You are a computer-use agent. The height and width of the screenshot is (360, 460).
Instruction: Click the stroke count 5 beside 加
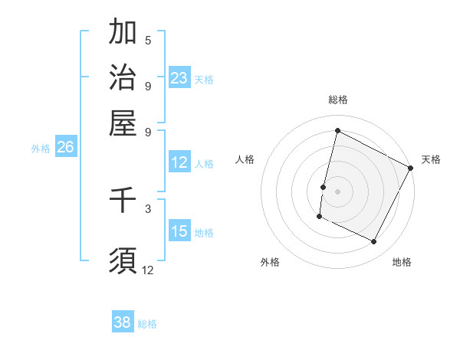point(148,40)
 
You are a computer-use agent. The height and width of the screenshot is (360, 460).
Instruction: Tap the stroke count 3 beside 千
point(148,208)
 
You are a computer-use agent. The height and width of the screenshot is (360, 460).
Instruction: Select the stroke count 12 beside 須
point(148,270)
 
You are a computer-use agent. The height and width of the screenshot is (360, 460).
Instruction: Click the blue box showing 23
point(179,78)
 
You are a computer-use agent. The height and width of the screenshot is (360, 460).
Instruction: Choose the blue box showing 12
point(179,162)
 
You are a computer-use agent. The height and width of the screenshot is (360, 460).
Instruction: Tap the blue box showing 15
point(179,231)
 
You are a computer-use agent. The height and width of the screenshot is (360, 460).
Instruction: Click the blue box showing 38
point(123,322)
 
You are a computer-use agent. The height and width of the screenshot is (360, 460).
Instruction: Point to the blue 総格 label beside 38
point(148,324)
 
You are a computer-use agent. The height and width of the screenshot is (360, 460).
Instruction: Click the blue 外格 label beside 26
point(41,149)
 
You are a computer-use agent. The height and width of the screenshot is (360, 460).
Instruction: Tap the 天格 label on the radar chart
point(431,159)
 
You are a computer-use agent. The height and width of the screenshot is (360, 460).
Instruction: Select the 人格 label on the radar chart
point(245,159)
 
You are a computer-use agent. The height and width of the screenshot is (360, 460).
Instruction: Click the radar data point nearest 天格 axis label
point(412,168)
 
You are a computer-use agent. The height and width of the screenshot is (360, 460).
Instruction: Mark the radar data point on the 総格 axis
point(337,131)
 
